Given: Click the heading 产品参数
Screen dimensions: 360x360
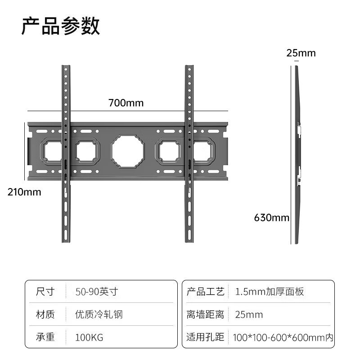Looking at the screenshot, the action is [60, 27].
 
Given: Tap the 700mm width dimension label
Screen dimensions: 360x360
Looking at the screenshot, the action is [126, 103].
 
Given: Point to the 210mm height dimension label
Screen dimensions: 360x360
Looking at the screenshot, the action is [24, 192].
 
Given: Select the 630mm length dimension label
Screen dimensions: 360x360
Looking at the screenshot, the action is [271, 218].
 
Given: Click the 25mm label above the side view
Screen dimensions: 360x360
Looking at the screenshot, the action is [301, 53].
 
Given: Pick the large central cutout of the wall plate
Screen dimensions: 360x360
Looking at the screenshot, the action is [128, 151].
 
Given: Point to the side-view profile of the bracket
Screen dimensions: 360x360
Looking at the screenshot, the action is [297, 153].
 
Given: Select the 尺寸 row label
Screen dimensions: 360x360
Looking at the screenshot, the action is [45, 292].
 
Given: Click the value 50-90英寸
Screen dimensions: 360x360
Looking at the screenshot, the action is [97, 292].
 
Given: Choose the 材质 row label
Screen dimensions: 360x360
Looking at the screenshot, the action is [45, 314].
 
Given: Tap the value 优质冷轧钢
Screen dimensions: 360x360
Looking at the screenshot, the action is [99, 314].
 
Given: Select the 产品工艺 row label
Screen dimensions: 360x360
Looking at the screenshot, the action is [205, 292].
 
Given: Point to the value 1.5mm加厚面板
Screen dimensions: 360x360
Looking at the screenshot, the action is [270, 292].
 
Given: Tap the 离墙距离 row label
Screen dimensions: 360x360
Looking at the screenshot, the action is [205, 314].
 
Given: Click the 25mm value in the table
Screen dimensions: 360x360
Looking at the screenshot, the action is [249, 314].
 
